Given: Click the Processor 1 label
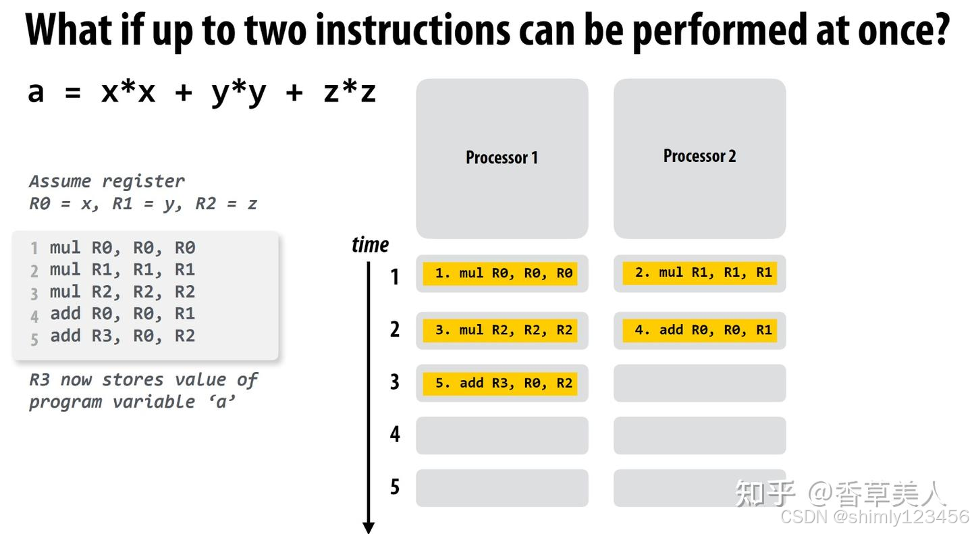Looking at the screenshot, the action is click(502, 158).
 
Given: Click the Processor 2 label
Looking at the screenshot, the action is click(699, 156).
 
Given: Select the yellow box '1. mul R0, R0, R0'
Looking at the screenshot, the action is click(500, 273).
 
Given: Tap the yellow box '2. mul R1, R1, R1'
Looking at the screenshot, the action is click(699, 273).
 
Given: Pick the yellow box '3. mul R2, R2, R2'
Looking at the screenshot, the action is click(500, 330).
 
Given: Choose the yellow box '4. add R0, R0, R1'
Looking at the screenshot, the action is click(699, 330).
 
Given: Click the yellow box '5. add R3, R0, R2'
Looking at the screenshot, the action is click(500, 383).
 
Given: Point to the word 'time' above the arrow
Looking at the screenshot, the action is click(370, 244).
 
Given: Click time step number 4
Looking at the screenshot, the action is click(395, 434).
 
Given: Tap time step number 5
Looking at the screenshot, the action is click(395, 486).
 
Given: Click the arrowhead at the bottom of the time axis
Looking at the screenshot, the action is click(369, 527).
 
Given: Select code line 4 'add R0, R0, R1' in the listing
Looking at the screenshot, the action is click(122, 314).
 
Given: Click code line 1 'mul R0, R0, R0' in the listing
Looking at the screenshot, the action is click(122, 248).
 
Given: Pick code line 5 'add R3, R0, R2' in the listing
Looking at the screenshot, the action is click(122, 336).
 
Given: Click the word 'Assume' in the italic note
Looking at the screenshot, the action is click(60, 182).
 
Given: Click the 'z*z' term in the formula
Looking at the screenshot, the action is click(349, 92).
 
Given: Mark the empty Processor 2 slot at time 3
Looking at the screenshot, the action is click(699, 383).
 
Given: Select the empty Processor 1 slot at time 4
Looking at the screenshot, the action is click(502, 435).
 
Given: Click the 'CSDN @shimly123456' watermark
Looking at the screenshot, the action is click(874, 517).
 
